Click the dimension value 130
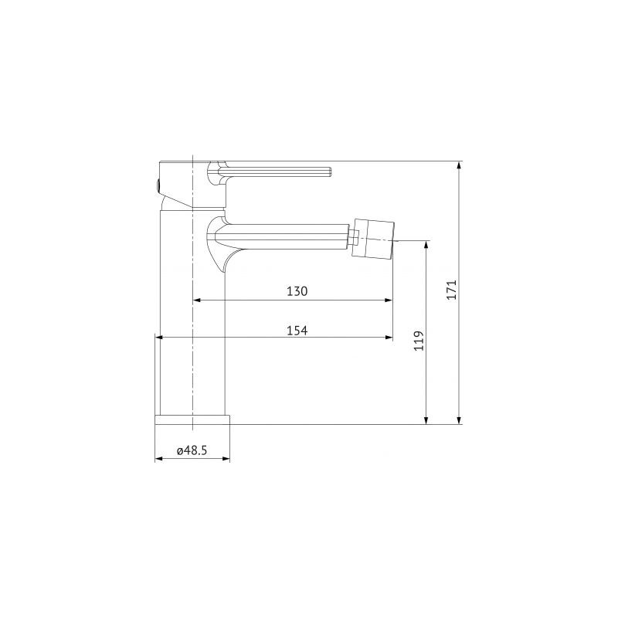coord(297,291)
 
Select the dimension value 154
coord(297,330)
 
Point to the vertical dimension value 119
coord(419,341)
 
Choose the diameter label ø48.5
coord(192,451)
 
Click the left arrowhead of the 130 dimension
coord(196,300)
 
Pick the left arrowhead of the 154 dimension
coord(160,337)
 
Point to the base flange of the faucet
coord(192,419)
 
